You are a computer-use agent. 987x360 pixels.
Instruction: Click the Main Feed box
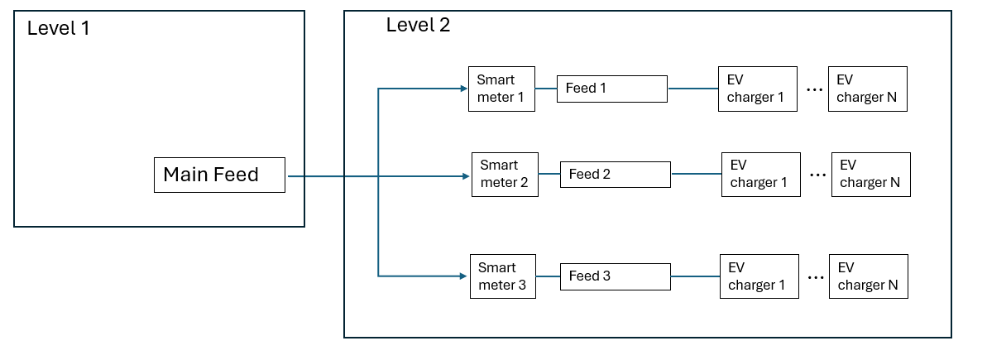click(x=219, y=175)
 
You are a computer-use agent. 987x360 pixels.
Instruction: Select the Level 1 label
click(x=58, y=28)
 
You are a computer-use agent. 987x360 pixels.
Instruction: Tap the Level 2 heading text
click(x=418, y=25)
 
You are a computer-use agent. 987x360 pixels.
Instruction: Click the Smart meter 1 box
click(x=501, y=89)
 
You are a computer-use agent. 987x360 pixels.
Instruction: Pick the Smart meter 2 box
click(x=505, y=175)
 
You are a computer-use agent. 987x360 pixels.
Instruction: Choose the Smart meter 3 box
click(x=503, y=276)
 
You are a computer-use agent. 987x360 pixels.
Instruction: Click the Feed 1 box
click(x=611, y=89)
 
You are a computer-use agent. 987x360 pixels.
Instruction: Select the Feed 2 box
click(x=615, y=175)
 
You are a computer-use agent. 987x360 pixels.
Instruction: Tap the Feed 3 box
click(x=615, y=276)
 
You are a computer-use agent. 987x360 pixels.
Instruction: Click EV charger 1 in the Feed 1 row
click(x=758, y=89)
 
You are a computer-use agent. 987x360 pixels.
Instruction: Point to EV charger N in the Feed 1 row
click(x=867, y=89)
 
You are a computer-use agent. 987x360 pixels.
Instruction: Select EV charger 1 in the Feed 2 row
click(x=760, y=175)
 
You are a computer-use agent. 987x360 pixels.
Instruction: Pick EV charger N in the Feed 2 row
click(x=870, y=175)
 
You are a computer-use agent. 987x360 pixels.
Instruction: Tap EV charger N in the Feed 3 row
click(x=868, y=276)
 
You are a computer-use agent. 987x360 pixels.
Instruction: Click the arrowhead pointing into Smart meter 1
click(x=462, y=89)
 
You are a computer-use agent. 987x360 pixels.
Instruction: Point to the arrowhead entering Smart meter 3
click(x=464, y=276)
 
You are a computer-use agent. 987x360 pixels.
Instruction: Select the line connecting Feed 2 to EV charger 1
click(x=696, y=174)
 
